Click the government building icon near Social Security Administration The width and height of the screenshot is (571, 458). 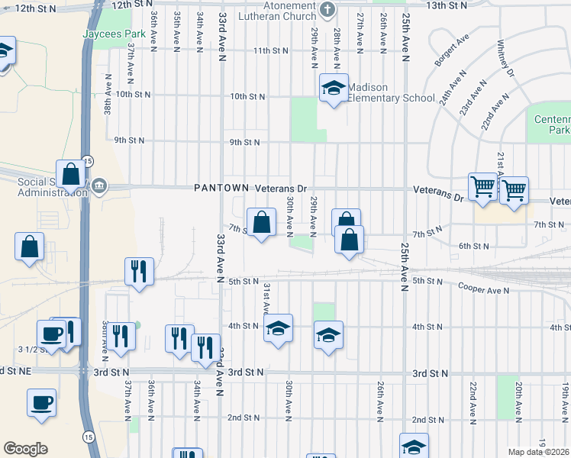[x=99, y=186]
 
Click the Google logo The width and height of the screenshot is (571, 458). [x=25, y=448]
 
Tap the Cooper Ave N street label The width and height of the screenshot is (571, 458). [x=483, y=289]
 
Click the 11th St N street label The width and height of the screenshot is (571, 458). [x=272, y=50]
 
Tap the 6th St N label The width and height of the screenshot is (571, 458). [x=473, y=246]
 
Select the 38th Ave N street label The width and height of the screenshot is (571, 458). [x=108, y=94]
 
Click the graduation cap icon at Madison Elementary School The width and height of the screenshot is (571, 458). [x=334, y=89]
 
